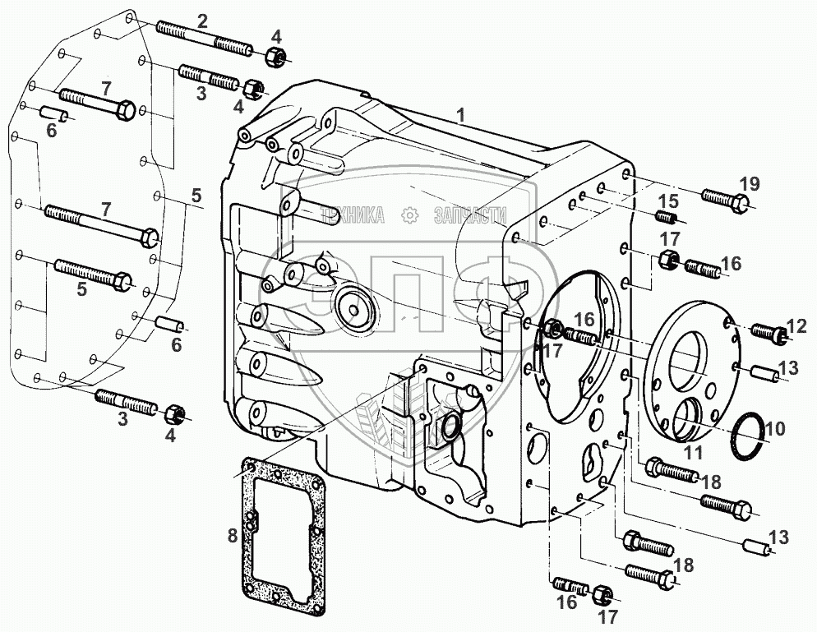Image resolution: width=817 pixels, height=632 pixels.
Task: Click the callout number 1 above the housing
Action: point(461,116)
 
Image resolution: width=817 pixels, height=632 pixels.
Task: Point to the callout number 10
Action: point(775,428)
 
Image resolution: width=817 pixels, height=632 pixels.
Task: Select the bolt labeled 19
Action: point(726,200)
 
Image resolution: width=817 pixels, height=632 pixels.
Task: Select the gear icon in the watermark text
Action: point(408,215)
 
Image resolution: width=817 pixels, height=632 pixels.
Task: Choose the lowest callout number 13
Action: point(779,537)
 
